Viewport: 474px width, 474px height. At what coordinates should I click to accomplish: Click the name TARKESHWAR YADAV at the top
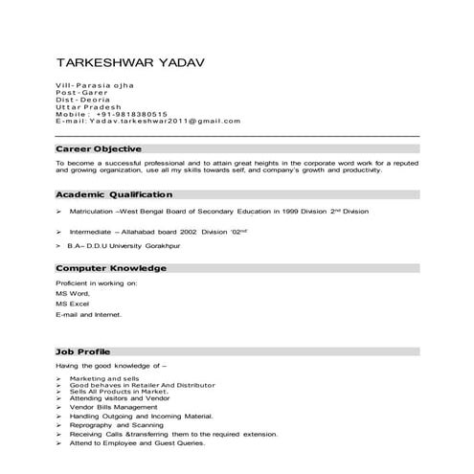pyautogui.click(x=130, y=63)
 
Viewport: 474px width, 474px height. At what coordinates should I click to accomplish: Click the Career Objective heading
pyautogui.click(x=99, y=149)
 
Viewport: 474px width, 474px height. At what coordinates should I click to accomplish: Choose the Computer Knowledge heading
pyautogui.click(x=110, y=269)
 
